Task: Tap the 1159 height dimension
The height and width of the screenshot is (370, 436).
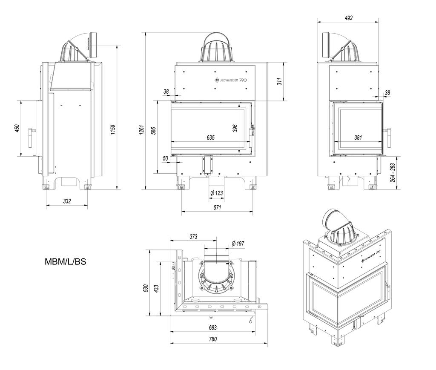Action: point(112,130)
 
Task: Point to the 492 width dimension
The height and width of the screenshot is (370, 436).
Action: point(349,18)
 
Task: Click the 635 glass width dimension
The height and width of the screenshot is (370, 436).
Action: point(210,138)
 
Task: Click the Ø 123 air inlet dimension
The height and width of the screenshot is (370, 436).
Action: point(217,193)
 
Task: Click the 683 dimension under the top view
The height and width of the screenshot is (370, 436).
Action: point(213,327)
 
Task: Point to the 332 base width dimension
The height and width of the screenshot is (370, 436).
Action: point(67,201)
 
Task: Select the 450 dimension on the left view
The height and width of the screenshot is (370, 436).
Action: point(17,128)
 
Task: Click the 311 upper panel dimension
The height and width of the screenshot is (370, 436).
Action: point(280,81)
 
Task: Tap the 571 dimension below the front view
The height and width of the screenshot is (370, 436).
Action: point(217,207)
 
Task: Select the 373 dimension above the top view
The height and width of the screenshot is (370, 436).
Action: point(193,236)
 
